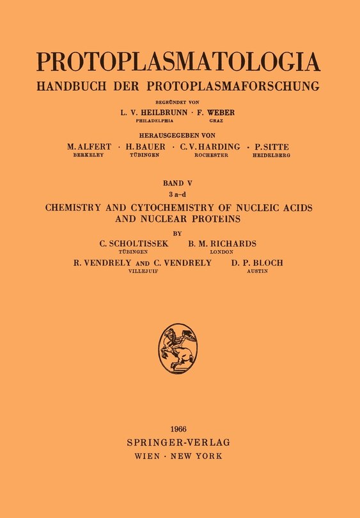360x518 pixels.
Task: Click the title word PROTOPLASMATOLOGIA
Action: click(178, 61)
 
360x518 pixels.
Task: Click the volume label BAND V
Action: click(179, 182)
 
